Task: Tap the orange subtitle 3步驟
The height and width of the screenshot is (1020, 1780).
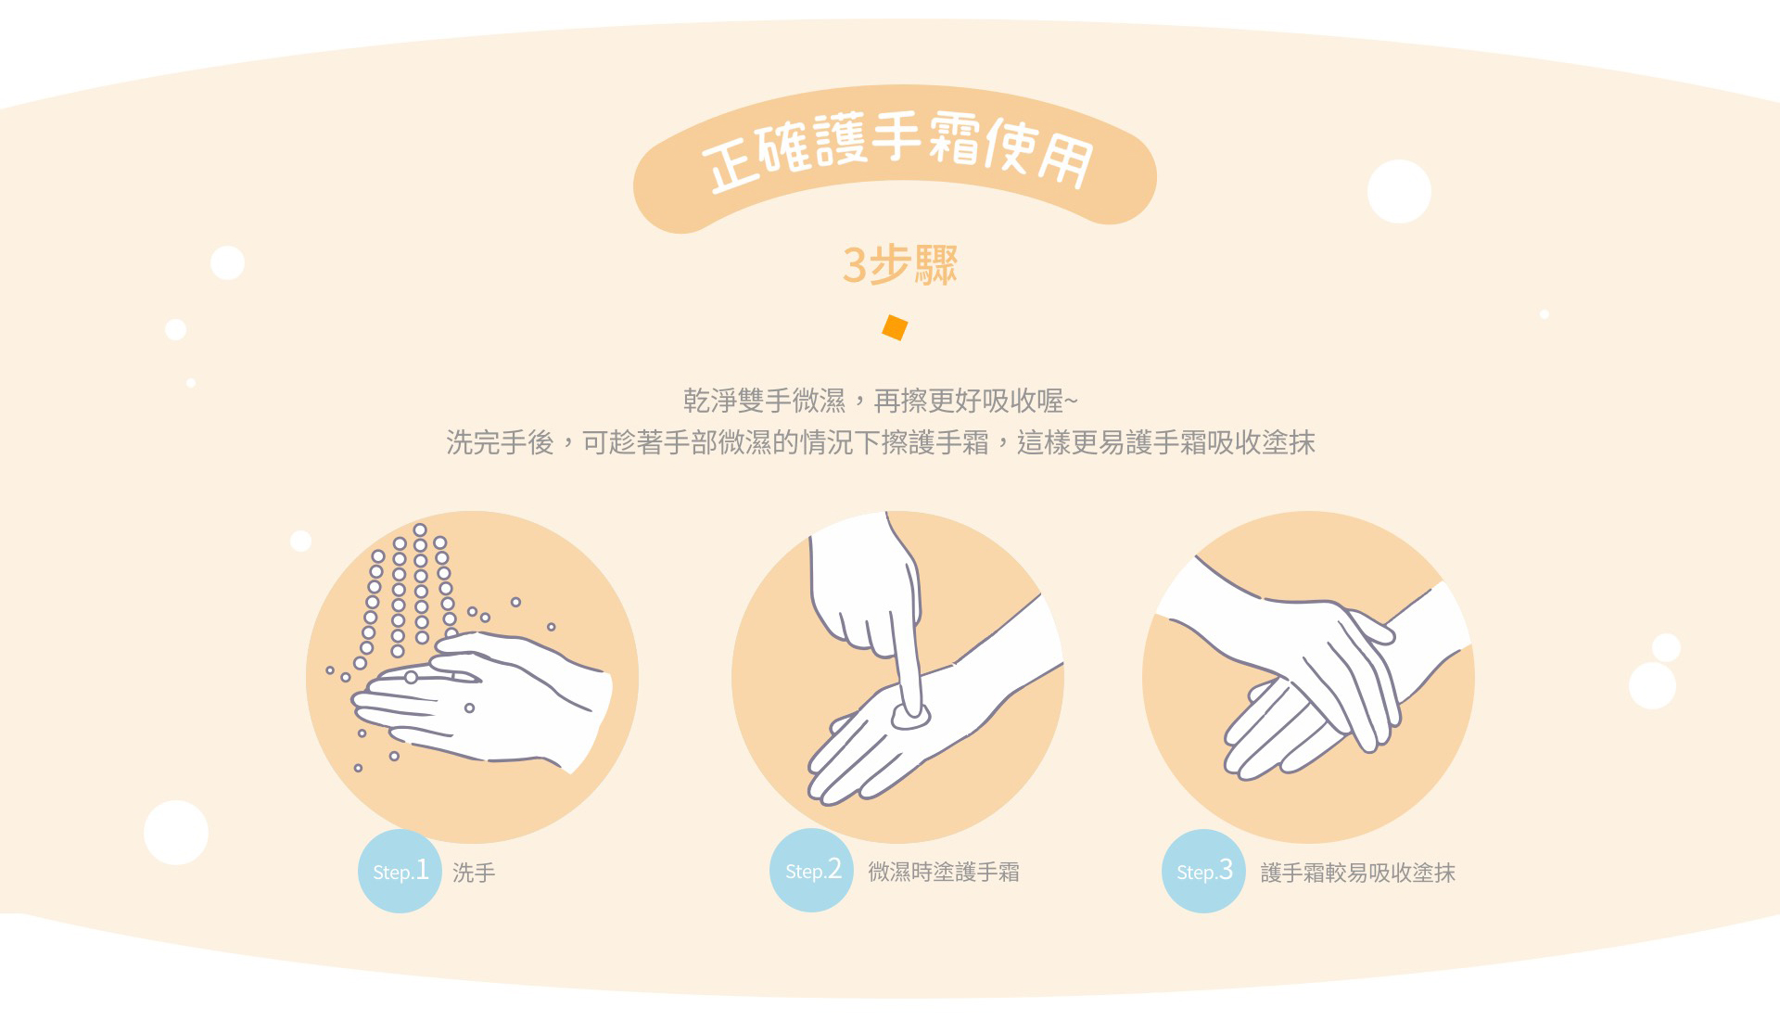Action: (899, 265)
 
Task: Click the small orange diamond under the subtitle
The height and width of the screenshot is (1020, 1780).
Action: (895, 327)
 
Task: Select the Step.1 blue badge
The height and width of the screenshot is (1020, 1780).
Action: (400, 871)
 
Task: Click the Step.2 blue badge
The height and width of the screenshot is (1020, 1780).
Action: (811, 870)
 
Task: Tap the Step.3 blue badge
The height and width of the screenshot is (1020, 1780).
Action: (1203, 871)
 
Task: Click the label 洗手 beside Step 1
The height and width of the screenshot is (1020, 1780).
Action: (474, 873)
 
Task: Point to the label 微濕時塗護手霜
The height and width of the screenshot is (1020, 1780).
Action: (944, 872)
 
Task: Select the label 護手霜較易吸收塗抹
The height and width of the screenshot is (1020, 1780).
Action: (1358, 873)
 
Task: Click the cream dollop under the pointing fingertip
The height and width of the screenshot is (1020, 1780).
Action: (910, 717)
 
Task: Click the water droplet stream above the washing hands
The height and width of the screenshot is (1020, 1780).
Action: (408, 593)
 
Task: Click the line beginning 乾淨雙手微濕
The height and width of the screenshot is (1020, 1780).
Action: (881, 401)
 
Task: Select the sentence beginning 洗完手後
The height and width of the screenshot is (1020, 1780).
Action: (881, 443)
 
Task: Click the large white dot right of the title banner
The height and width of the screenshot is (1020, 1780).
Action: (1399, 192)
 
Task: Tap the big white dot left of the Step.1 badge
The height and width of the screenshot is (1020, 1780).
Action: (176, 833)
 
